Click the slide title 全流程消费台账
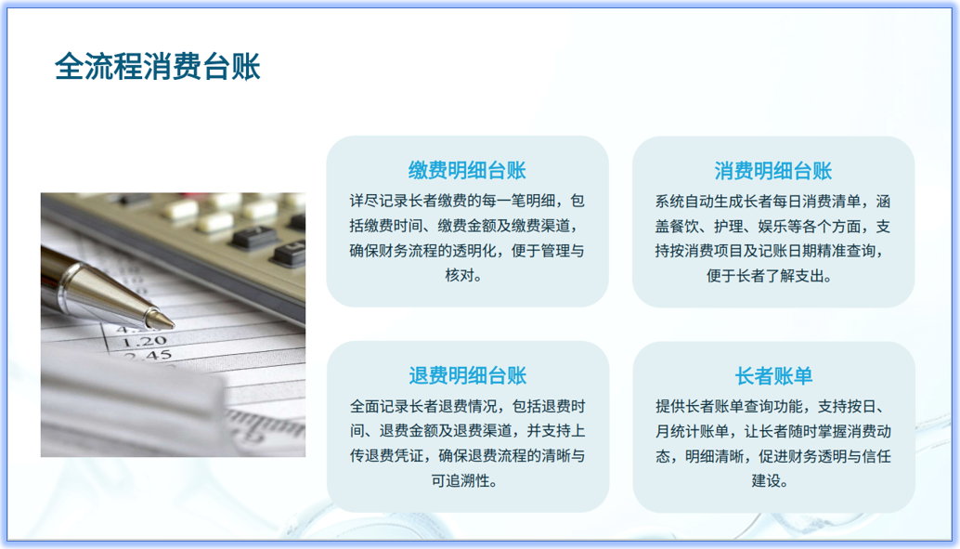(157, 66)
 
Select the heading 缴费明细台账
(467, 170)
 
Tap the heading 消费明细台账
(772, 170)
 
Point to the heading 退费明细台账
(467, 375)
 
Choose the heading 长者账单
(772, 375)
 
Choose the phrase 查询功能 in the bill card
(778, 406)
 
